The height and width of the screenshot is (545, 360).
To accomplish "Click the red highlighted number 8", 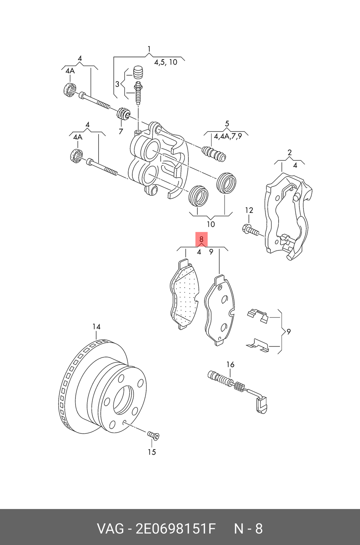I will click(201, 239).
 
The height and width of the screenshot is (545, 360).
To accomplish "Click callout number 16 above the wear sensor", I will click(230, 365).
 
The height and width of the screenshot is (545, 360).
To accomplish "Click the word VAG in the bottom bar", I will click(110, 529).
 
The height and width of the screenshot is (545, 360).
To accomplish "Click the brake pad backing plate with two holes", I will click(220, 310).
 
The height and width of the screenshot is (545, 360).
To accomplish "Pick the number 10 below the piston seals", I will click(211, 224).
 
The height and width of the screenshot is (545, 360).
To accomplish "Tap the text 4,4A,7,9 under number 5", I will click(228, 136).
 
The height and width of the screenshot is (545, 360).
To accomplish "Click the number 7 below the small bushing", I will click(121, 131).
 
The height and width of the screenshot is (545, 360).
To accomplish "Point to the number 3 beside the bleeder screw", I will click(117, 84).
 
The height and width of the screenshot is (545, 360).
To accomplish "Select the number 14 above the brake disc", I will click(96, 327).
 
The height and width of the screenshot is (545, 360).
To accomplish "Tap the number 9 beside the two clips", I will click(288, 332).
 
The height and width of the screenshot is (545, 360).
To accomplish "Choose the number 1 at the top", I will click(149, 49).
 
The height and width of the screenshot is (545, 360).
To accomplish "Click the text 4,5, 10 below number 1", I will click(166, 62).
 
